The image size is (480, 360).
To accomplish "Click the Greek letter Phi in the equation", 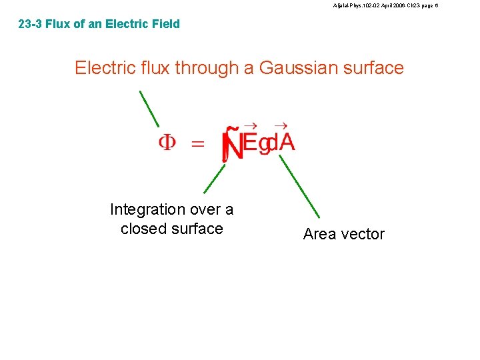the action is pyautogui.click(x=167, y=143).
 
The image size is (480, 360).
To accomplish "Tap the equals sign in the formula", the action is pyautogui.click(x=198, y=143).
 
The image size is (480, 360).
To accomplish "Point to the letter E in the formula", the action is pyautogui.click(x=249, y=143).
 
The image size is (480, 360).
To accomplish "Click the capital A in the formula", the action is pyautogui.click(x=286, y=143).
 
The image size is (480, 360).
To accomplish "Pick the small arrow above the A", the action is pyautogui.click(x=281, y=125).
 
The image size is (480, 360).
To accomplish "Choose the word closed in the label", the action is pyautogui.click(x=142, y=229).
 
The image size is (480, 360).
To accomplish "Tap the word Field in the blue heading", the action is pyautogui.click(x=165, y=25).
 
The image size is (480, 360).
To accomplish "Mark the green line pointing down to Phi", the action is pyautogui.click(x=149, y=109).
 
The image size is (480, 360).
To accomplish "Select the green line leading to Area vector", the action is pyautogui.click(x=299, y=187).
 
